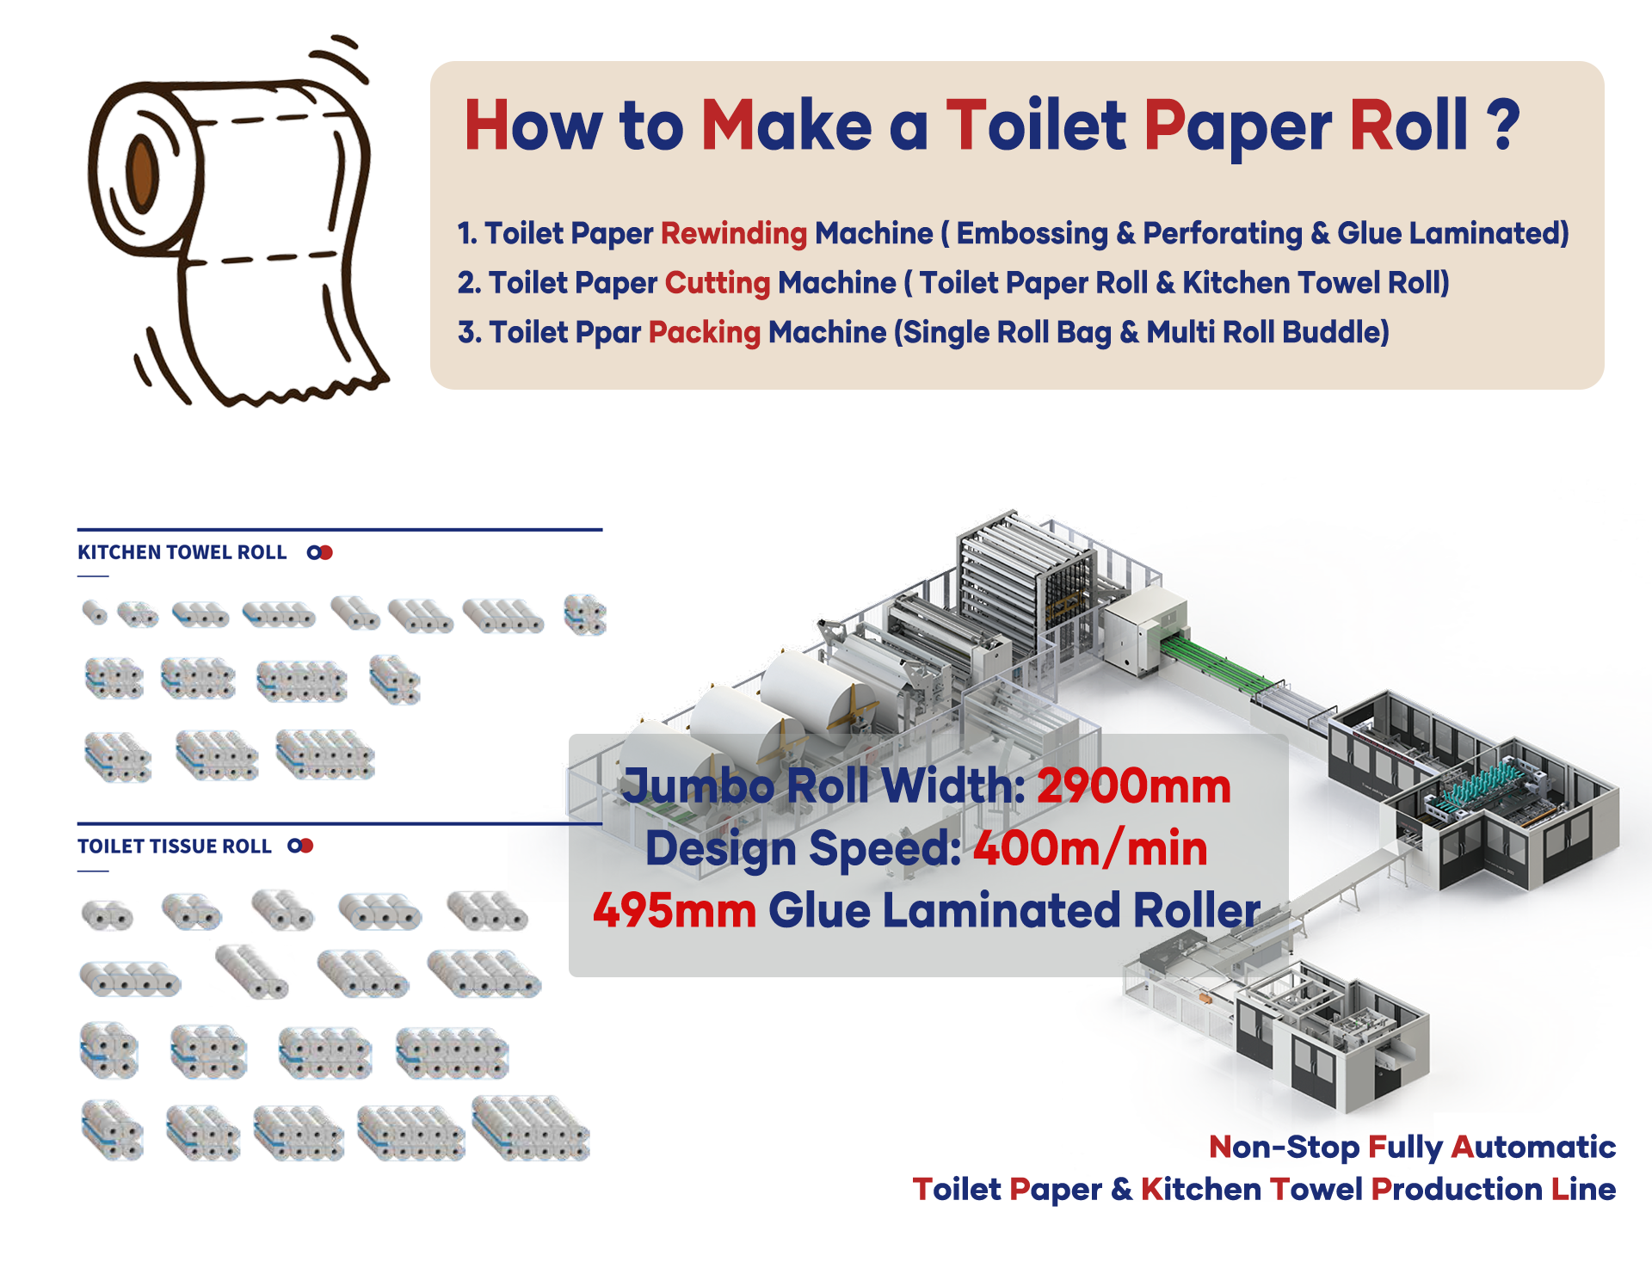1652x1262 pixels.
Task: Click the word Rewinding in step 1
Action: point(733,233)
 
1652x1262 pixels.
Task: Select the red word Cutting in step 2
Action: point(717,283)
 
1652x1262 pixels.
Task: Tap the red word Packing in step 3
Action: point(704,333)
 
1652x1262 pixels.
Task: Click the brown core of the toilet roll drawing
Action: point(143,171)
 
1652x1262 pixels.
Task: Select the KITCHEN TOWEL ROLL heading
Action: point(182,552)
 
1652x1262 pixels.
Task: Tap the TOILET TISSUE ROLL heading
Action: point(174,846)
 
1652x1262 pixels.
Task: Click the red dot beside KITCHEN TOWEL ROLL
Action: point(326,552)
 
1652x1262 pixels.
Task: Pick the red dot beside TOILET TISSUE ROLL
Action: point(306,846)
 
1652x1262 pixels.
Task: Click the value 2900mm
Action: point(1133,786)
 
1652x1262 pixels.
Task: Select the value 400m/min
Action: point(1090,849)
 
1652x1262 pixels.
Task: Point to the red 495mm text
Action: point(674,911)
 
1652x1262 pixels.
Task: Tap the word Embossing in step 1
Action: point(1032,233)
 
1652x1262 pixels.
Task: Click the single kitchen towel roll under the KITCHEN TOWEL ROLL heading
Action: point(94,613)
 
